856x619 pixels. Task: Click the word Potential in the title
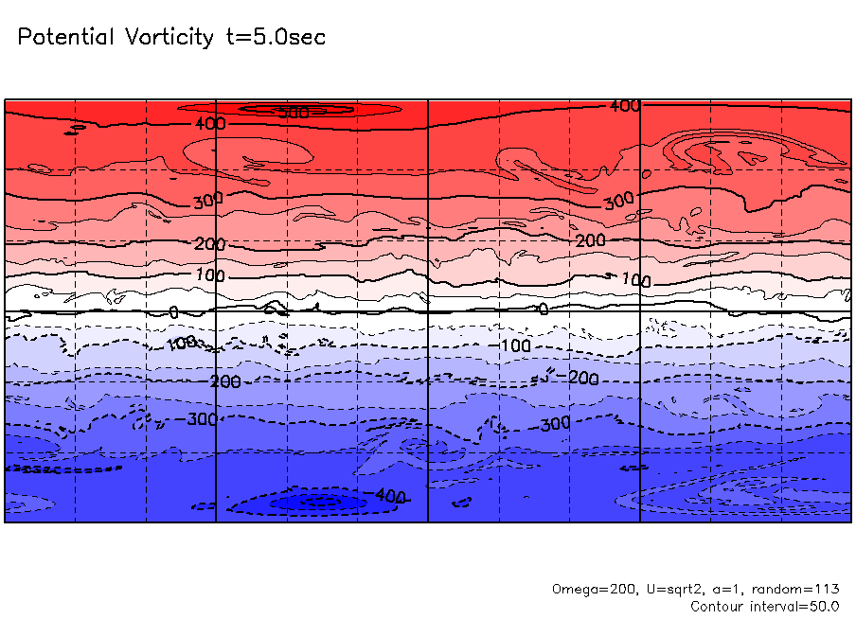pyautogui.click(x=65, y=38)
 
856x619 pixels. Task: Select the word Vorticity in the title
pyautogui.click(x=168, y=38)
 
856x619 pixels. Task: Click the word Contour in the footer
pyautogui.click(x=718, y=606)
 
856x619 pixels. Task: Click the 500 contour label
pyautogui.click(x=294, y=113)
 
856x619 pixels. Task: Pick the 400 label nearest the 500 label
pyautogui.click(x=209, y=124)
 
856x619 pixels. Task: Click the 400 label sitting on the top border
pyautogui.click(x=625, y=106)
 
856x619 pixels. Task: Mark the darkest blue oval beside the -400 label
pyautogui.click(x=317, y=502)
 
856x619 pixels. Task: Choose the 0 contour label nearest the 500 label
pyautogui.click(x=173, y=311)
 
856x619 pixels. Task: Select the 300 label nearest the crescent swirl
pyautogui.click(x=618, y=201)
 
